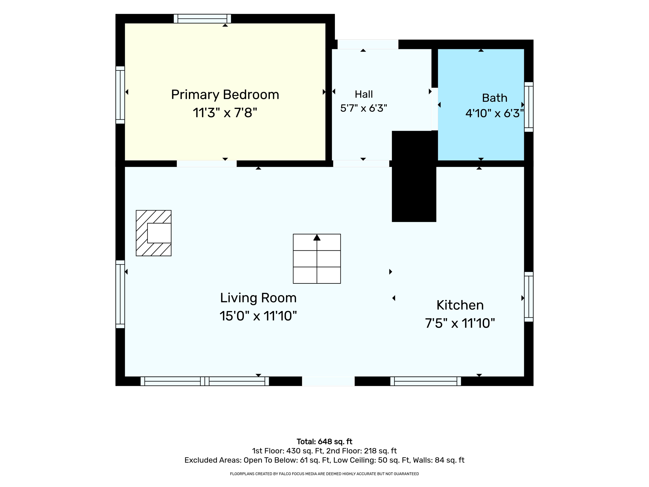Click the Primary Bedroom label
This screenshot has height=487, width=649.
tap(225, 95)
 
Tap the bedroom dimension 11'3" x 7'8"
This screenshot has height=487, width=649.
tap(225, 113)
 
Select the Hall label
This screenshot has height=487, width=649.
tap(364, 94)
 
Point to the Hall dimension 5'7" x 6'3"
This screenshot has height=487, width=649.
tap(364, 108)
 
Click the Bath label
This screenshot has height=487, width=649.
tap(495, 98)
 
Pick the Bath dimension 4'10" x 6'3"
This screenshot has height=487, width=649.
tap(495, 113)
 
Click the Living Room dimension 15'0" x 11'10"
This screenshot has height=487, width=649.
tap(258, 316)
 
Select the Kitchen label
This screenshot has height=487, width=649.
tap(460, 305)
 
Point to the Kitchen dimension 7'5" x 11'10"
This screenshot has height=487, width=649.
tap(460, 323)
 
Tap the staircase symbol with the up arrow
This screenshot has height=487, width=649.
tap(317, 259)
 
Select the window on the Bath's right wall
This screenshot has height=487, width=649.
tap(529, 107)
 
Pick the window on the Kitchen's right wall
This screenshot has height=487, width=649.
tap(529, 297)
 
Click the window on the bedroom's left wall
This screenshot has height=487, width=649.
tap(120, 95)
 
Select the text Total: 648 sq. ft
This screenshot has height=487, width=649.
tap(324, 442)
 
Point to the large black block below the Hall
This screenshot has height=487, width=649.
tap(414, 176)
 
